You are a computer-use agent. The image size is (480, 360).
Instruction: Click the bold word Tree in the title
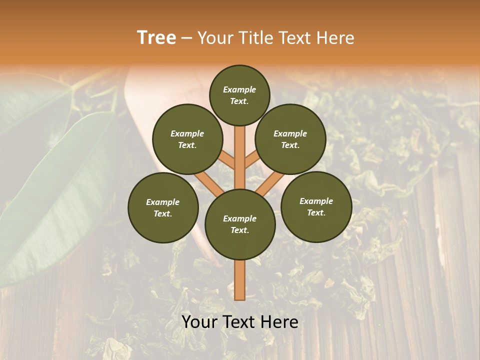(x=156, y=38)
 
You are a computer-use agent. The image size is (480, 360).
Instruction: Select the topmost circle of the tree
(x=239, y=95)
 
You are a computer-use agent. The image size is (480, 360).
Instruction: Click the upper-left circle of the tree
(x=187, y=139)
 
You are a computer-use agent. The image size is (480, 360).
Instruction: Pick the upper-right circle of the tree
(x=290, y=139)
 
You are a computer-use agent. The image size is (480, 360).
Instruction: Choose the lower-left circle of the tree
(x=163, y=207)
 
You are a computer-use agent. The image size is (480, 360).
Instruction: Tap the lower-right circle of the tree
(x=316, y=206)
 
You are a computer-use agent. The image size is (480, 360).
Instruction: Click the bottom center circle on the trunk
(x=240, y=224)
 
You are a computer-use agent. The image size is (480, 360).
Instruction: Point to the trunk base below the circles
(x=240, y=280)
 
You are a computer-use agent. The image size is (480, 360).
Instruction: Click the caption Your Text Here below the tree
(x=240, y=322)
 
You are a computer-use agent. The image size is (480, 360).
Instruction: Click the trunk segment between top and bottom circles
(x=240, y=155)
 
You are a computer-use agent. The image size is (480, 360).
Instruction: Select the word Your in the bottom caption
(x=199, y=322)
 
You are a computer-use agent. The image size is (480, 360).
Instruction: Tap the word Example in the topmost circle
(x=239, y=89)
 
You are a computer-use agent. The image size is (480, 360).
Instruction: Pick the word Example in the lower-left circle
(x=163, y=202)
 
